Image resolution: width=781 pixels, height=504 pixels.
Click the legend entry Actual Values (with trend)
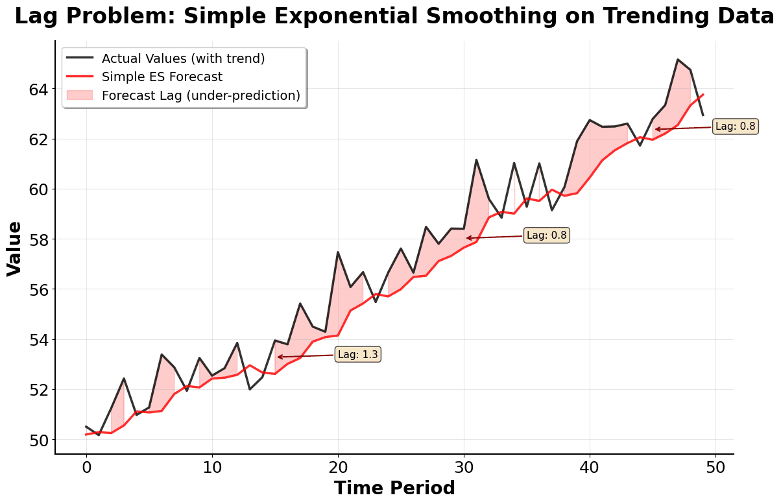coord(183,58)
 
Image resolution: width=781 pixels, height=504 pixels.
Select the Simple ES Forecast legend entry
coord(162,77)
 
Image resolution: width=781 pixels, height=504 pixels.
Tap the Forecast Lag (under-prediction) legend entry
coord(200,96)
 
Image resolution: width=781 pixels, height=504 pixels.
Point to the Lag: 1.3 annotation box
coord(357,355)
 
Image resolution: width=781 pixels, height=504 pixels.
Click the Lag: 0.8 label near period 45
coord(735,126)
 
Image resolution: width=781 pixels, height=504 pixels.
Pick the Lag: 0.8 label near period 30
coord(546,236)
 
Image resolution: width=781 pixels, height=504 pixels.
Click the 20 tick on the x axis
coord(337,467)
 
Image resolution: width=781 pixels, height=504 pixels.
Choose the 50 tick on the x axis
coord(715,467)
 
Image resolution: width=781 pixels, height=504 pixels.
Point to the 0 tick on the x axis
coord(86,467)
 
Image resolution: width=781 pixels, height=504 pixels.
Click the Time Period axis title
coord(394,488)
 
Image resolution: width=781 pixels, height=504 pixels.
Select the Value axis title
coord(14,248)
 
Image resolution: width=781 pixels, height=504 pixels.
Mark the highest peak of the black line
coord(678,60)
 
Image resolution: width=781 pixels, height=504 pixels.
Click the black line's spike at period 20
coord(337,252)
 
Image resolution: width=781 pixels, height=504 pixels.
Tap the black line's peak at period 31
coord(476,160)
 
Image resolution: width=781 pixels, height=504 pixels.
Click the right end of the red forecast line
coord(703,95)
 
